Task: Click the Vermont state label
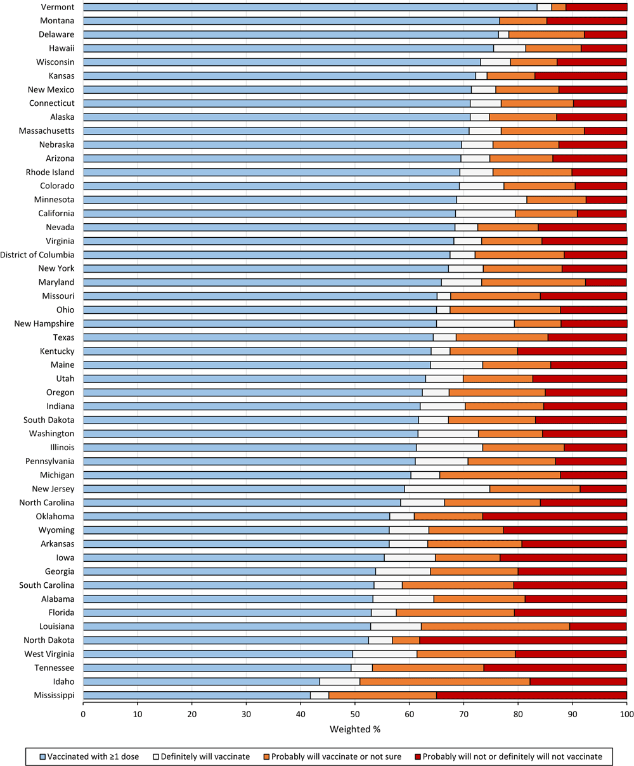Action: click(x=58, y=7)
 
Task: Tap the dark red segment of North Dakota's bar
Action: click(x=523, y=640)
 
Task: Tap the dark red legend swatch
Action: click(x=417, y=756)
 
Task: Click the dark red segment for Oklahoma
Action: click(x=555, y=516)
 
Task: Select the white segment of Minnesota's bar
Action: click(x=491, y=200)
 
